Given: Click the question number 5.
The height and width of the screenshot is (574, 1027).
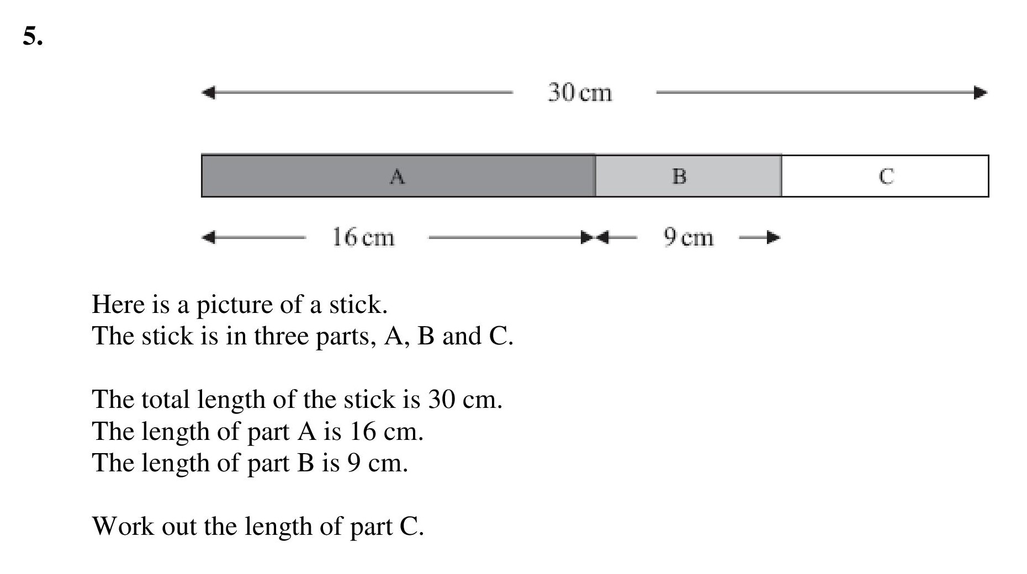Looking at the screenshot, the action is coord(33,36).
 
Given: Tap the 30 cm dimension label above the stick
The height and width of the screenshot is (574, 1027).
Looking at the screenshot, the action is coord(580,92).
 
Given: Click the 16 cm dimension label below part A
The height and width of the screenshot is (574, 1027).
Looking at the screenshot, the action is coord(363,237).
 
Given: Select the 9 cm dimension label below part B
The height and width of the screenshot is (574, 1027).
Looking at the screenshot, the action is coord(689,237).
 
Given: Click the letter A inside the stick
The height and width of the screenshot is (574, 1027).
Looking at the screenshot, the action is coord(397,177).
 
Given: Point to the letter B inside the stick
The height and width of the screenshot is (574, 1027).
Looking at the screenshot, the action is coord(679,177).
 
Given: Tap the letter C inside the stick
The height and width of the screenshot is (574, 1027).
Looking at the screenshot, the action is coord(886,177).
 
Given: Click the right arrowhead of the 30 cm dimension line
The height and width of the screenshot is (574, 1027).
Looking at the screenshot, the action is coord(981,92).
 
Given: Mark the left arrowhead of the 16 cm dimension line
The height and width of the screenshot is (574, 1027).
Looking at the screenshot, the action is coord(208,238).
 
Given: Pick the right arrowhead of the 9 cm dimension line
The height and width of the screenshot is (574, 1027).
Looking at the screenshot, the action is coord(774,238).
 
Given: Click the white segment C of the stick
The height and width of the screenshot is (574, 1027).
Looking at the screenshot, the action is coord(885,176).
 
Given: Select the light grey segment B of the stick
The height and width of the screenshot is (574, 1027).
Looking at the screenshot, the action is coord(689,176).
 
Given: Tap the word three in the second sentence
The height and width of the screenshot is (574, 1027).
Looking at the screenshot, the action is coord(280,336).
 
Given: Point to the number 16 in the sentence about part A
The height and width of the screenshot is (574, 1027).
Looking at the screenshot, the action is coord(363,431).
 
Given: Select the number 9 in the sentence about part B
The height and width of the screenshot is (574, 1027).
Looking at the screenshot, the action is coord(354,463).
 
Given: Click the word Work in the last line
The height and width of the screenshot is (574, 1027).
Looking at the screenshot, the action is coord(123,526).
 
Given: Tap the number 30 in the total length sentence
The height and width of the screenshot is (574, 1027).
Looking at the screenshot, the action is coord(441,399).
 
